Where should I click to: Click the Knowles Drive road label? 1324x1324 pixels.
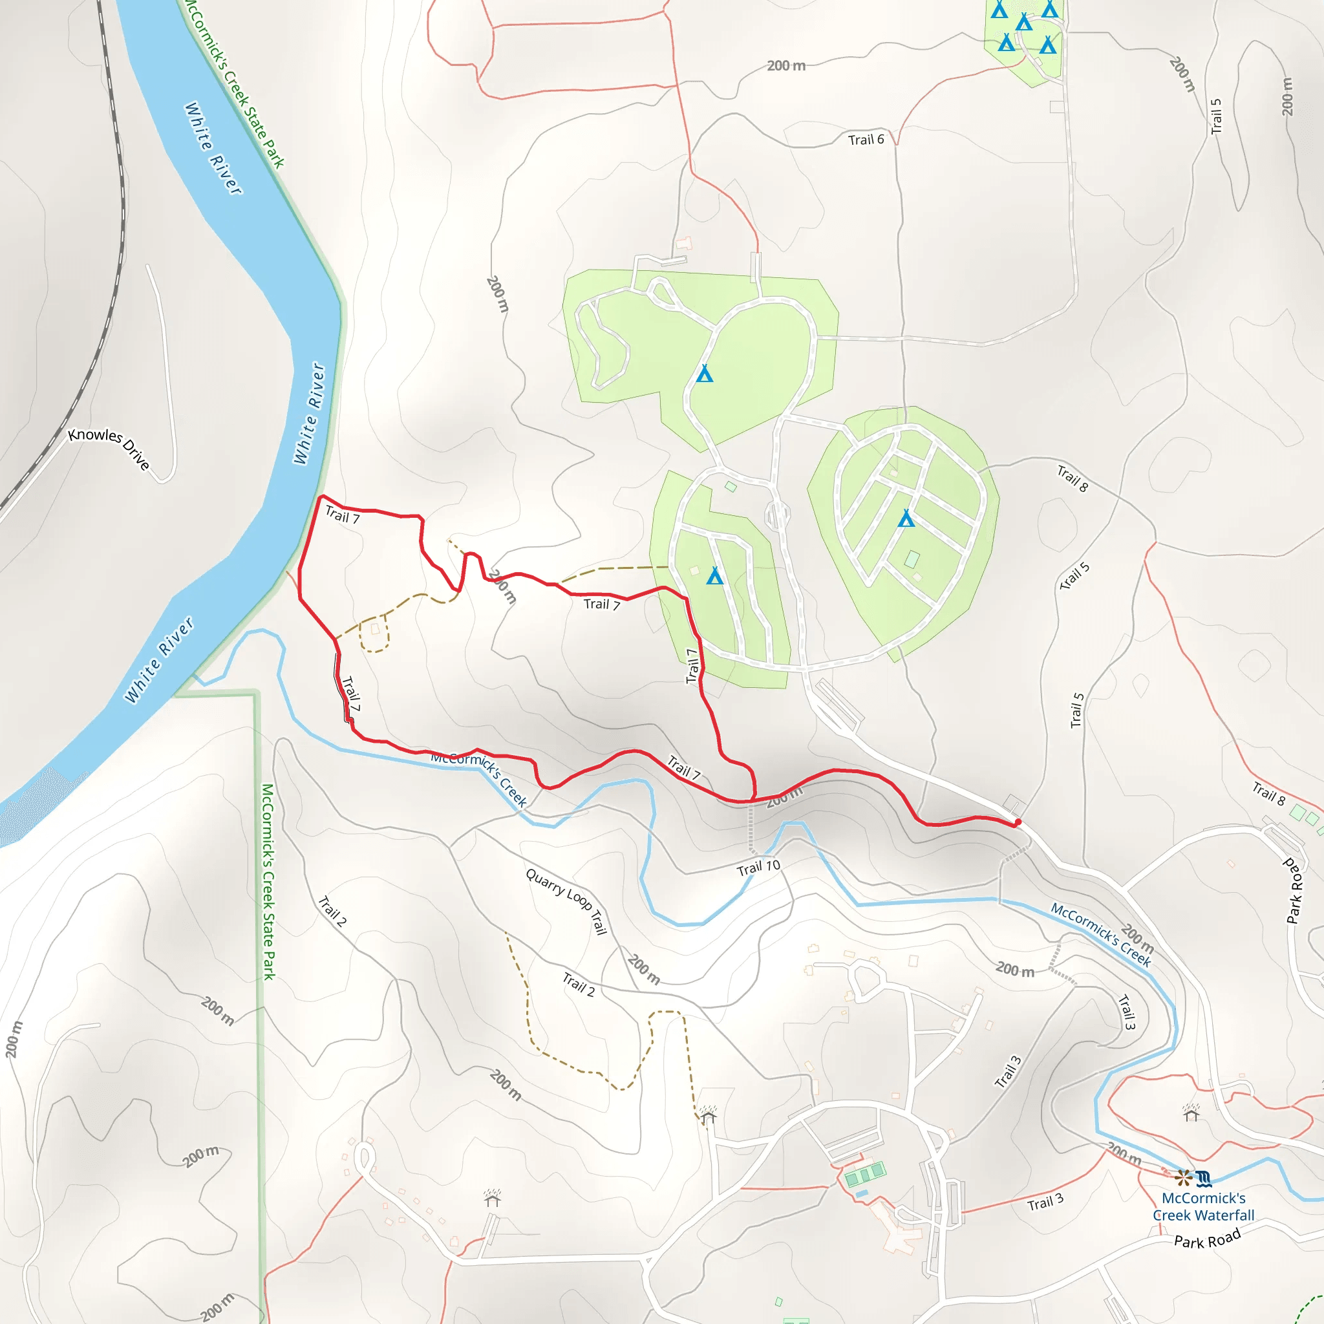(x=108, y=449)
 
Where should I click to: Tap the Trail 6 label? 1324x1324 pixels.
(x=866, y=140)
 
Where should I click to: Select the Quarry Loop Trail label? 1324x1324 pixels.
(x=567, y=901)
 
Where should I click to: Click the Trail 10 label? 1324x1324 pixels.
(x=758, y=868)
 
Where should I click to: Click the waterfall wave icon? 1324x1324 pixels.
(x=1204, y=1179)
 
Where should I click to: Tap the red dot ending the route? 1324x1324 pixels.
(x=1018, y=822)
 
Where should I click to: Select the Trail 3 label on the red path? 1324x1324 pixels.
(x=1045, y=1202)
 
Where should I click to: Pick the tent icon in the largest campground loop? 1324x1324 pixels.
(x=705, y=374)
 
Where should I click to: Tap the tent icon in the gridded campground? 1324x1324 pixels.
(x=906, y=518)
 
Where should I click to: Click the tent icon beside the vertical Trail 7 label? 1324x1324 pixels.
(x=715, y=575)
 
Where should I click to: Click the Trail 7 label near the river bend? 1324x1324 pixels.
(x=342, y=515)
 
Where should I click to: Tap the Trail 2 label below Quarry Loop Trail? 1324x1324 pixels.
(x=579, y=984)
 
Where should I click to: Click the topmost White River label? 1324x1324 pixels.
(x=213, y=148)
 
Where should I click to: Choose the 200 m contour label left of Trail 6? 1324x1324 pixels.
(x=785, y=66)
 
